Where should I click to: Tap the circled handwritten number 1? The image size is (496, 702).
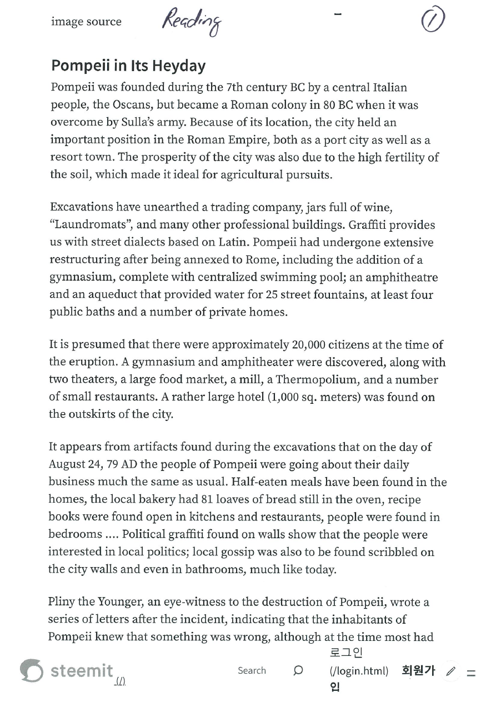433,22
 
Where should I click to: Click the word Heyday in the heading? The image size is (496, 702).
176,66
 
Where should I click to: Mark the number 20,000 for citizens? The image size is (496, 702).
308,345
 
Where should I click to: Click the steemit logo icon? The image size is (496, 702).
31,670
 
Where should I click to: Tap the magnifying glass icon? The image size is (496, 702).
298,670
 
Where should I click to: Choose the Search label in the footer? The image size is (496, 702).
252,670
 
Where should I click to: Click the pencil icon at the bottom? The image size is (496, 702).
450,671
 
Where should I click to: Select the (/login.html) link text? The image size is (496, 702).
359,671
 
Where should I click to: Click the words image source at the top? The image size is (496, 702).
86,22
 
